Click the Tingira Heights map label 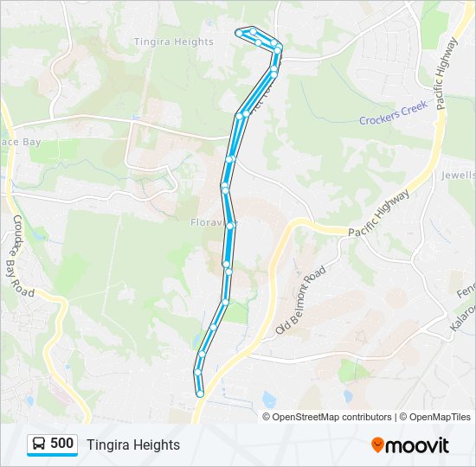tap(173, 42)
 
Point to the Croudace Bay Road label tap(23, 255)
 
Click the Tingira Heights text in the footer tap(133, 445)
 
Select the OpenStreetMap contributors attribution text tap(332, 417)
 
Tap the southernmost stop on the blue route tap(200, 393)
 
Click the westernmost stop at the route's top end tap(239, 33)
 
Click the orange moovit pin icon tap(377, 445)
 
